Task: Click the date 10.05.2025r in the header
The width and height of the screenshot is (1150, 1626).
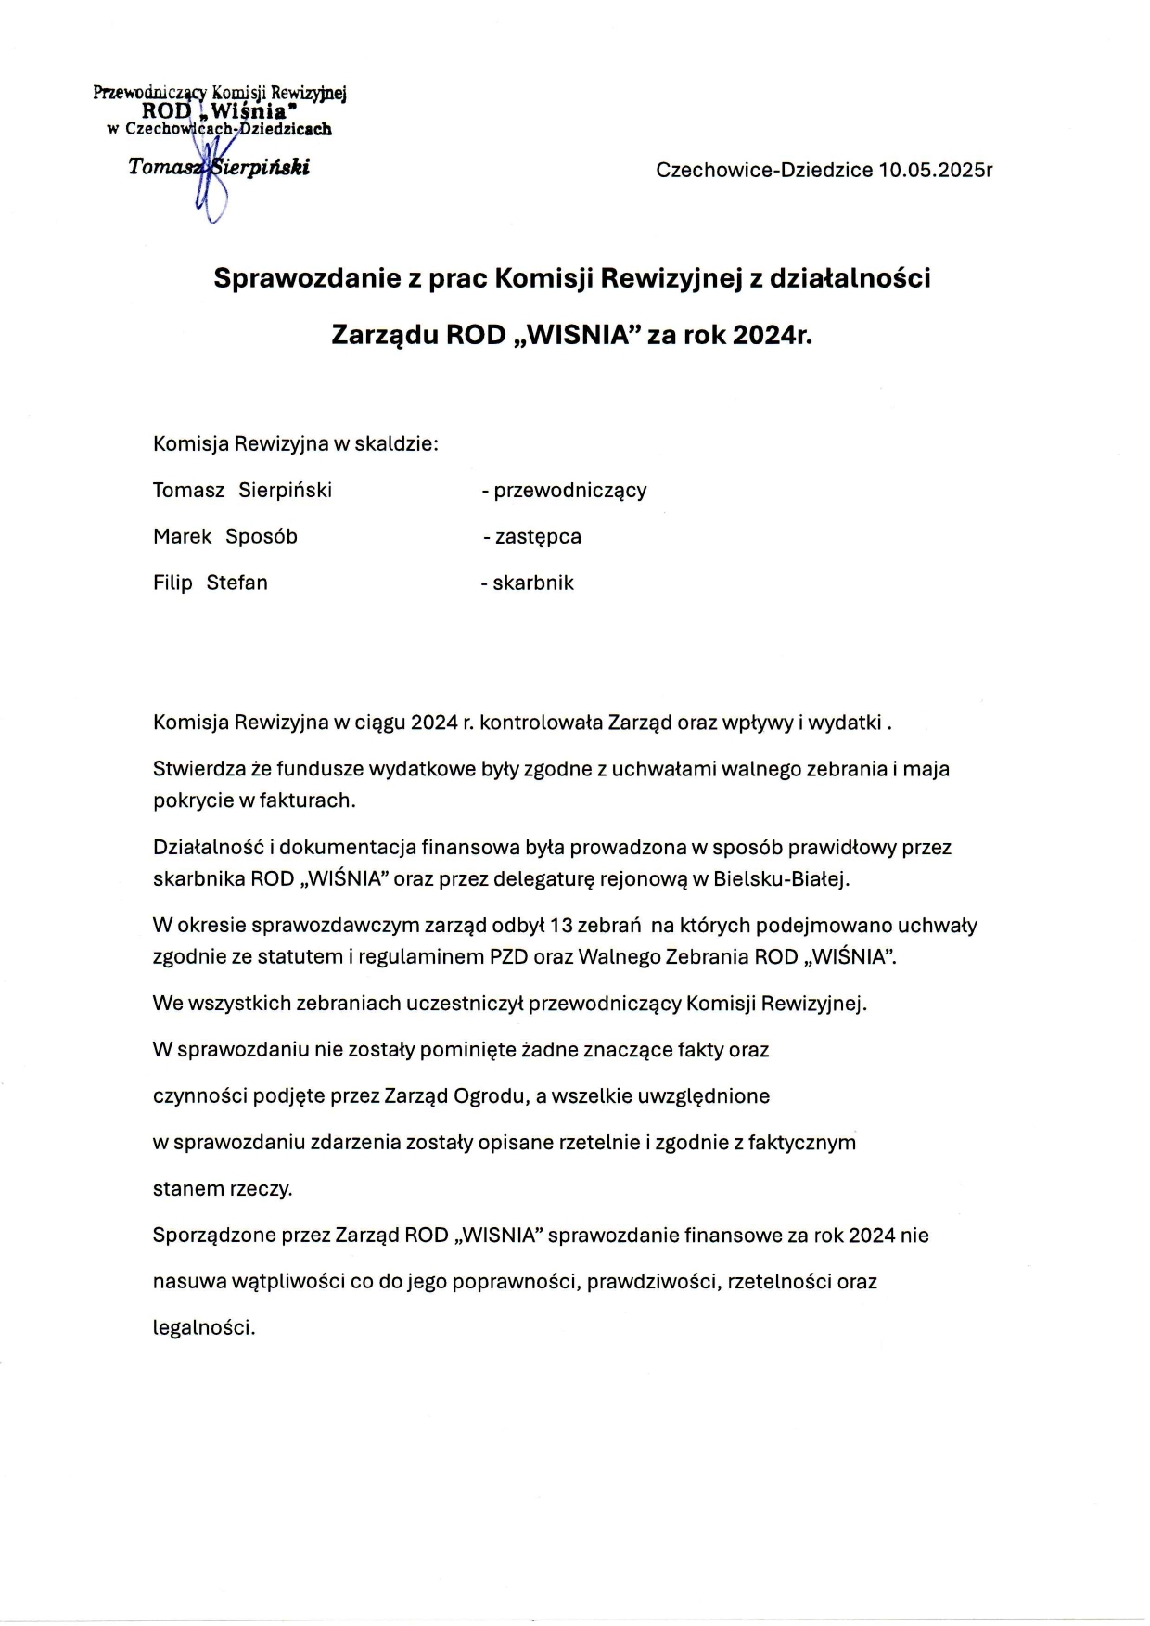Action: point(936,171)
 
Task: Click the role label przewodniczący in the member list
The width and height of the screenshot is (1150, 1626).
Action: point(569,490)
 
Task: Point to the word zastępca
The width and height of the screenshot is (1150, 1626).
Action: point(537,536)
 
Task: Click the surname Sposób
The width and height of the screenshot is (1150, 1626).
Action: point(262,536)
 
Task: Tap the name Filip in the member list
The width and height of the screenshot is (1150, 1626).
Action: point(172,583)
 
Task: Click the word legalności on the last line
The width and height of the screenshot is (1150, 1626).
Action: point(203,1327)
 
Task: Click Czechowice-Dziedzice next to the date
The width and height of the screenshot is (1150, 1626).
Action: point(764,171)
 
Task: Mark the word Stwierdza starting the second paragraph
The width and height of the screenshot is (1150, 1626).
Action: point(198,769)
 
